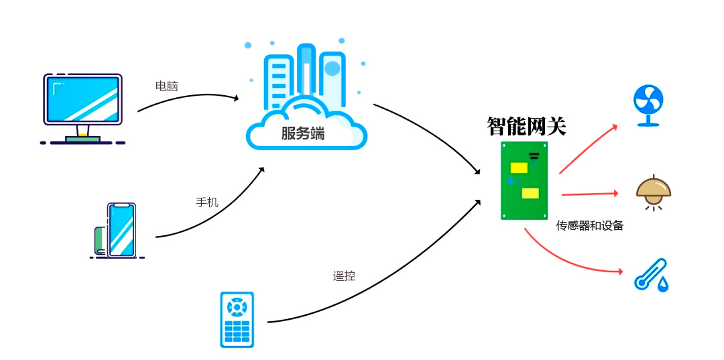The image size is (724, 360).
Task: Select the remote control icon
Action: [237, 320]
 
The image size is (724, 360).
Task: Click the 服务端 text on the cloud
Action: [302, 133]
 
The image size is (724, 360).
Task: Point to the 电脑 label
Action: [167, 86]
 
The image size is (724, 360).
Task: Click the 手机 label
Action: [206, 202]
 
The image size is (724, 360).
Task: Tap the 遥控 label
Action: [344, 276]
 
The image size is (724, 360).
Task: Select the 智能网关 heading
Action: [526, 126]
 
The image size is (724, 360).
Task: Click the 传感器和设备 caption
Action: [590, 226]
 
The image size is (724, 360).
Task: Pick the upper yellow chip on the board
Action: [519, 168]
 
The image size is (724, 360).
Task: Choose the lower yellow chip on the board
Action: [530, 193]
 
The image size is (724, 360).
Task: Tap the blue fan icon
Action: [648, 105]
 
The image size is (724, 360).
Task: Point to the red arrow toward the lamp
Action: [589, 194]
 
